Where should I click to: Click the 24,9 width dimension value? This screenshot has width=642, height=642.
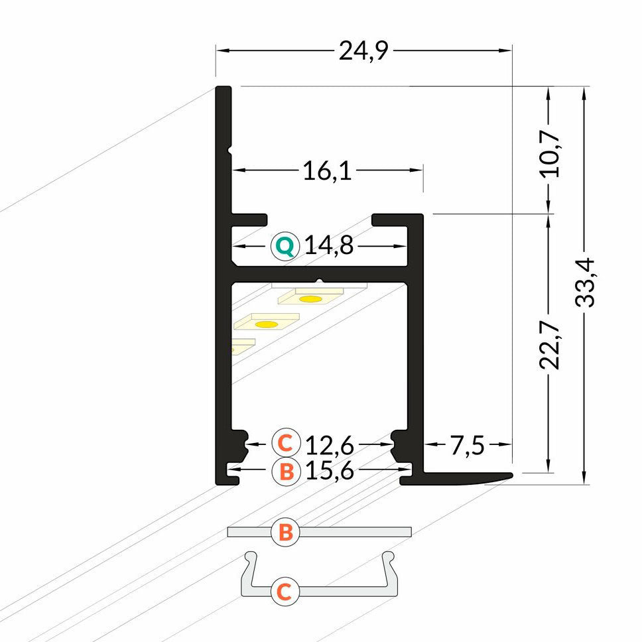pyautogui.click(x=362, y=50)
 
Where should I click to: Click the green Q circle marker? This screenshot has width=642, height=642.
pyautogui.click(x=285, y=247)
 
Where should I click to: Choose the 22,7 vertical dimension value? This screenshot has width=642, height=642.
pyautogui.click(x=550, y=344)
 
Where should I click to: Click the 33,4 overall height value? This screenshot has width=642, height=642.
pyautogui.click(x=584, y=282)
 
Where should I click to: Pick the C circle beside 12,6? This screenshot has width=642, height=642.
pyautogui.click(x=285, y=442)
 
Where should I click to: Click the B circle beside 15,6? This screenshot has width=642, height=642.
pyautogui.click(x=285, y=472)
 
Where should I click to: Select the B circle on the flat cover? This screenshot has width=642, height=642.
pyautogui.click(x=285, y=533)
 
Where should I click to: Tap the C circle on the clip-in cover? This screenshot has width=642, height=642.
pyautogui.click(x=284, y=590)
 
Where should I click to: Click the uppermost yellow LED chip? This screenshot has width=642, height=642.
pyautogui.click(x=310, y=298)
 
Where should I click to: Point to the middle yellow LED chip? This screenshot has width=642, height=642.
pyautogui.click(x=266, y=324)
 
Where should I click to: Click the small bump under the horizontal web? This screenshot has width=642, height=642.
pyautogui.click(x=320, y=281)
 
